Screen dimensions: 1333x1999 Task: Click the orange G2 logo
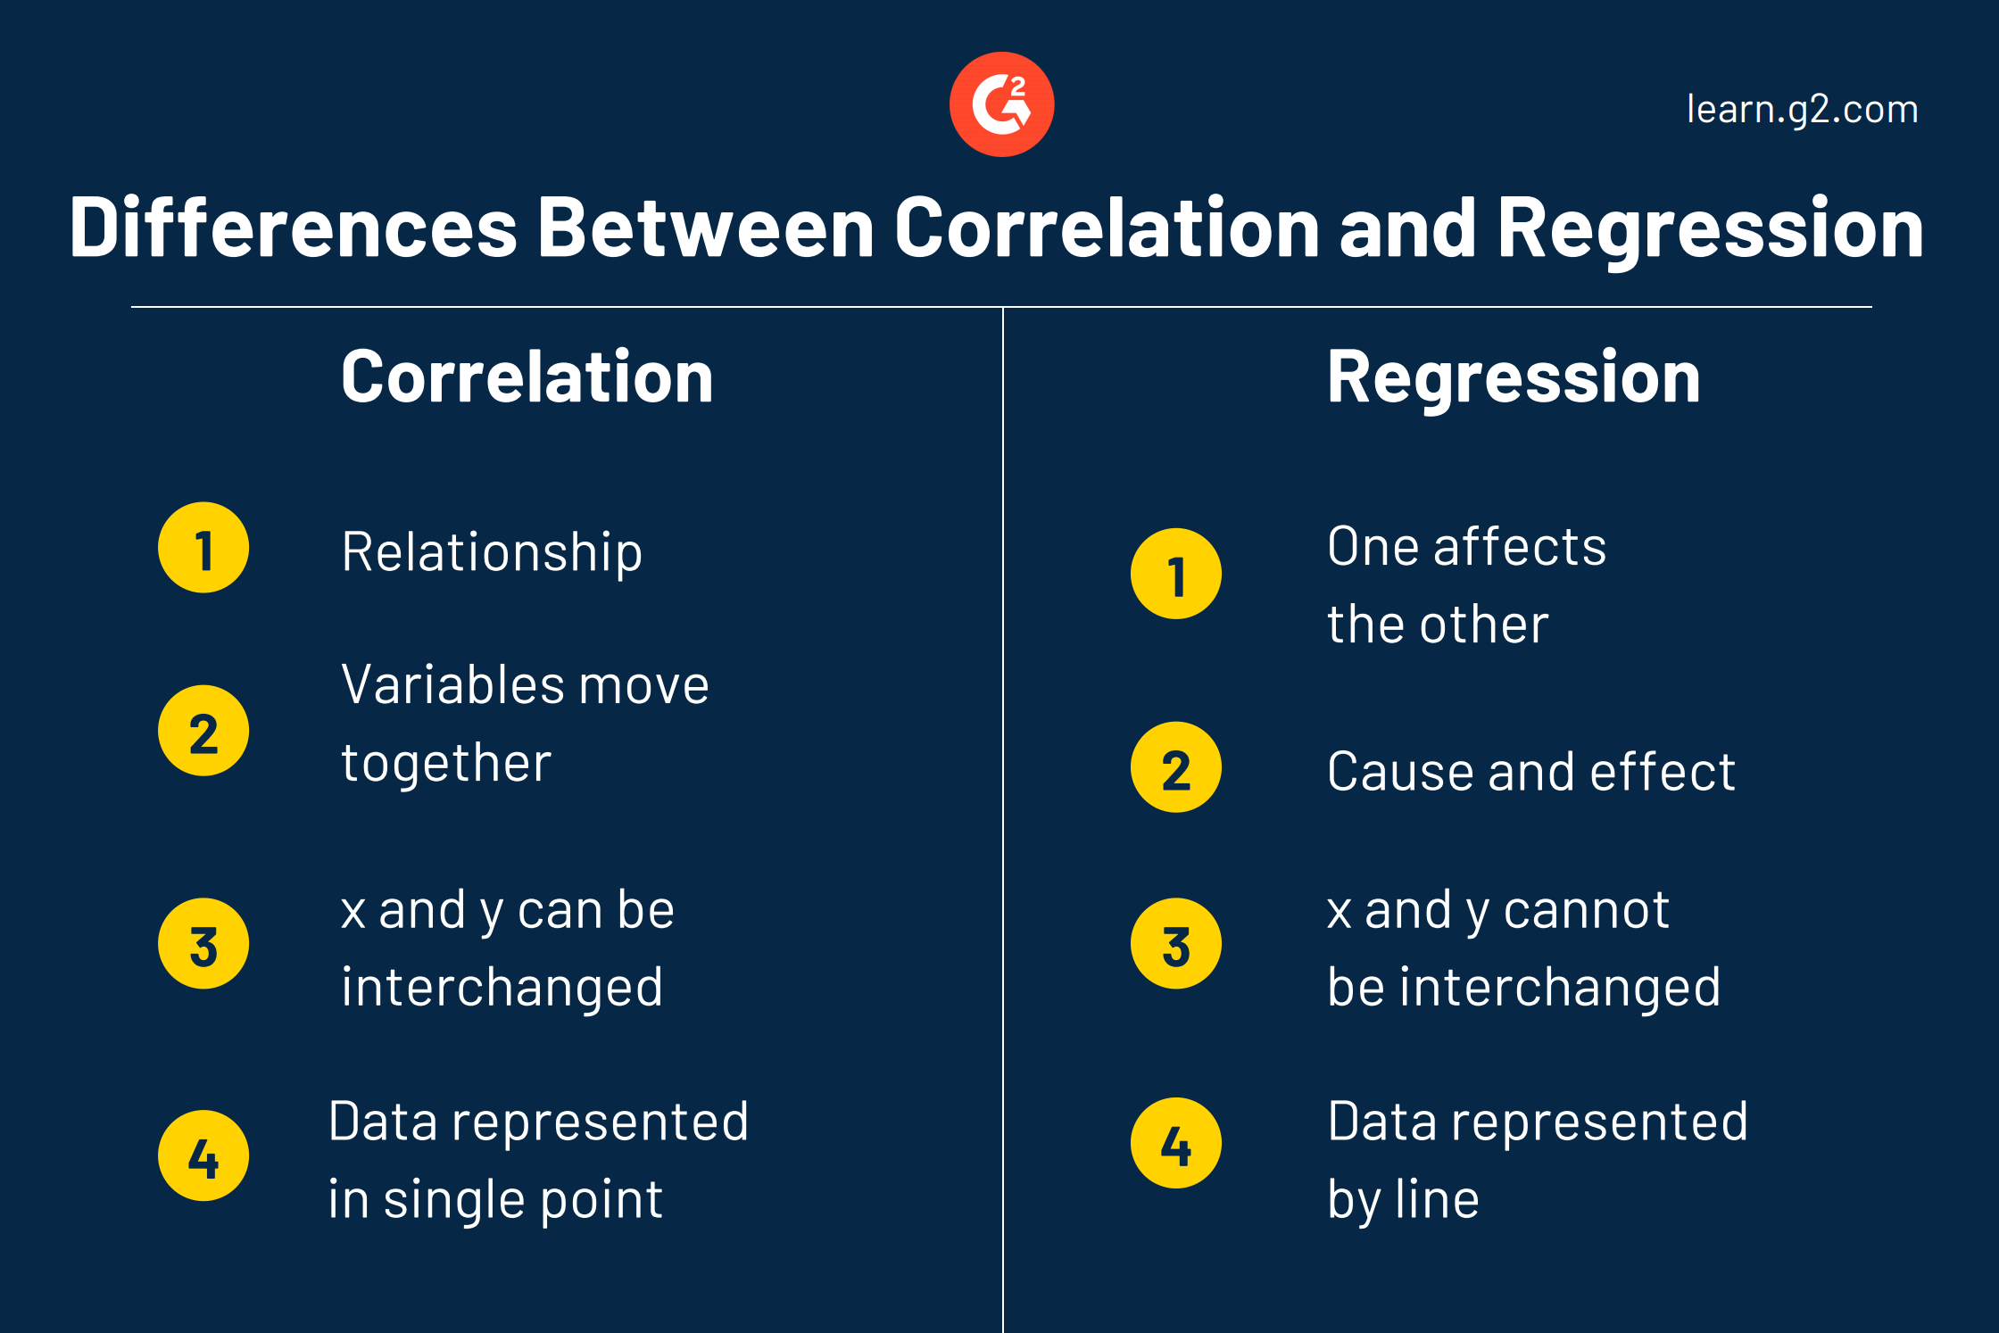click(x=1001, y=104)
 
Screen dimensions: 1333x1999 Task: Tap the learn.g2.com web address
click(x=1802, y=109)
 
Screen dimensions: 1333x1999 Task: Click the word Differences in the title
click(x=294, y=228)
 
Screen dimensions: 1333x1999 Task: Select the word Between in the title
click(x=706, y=228)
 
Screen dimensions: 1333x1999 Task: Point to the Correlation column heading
click(x=527, y=377)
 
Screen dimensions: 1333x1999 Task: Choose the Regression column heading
click(x=1514, y=377)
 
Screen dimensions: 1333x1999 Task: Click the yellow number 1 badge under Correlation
click(x=203, y=548)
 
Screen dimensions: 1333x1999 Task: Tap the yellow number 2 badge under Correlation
click(x=203, y=731)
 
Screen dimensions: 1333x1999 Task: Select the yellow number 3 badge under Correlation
click(x=203, y=943)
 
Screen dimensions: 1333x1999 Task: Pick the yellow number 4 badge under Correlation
click(x=203, y=1155)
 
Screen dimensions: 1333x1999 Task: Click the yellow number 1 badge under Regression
click(x=1176, y=574)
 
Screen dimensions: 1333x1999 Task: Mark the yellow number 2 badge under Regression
click(x=1176, y=767)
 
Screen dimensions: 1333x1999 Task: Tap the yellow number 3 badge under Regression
click(x=1176, y=943)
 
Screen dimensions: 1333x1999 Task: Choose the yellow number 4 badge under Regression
click(x=1176, y=1143)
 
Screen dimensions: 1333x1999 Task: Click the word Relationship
click(x=492, y=553)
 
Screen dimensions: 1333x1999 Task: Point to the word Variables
click(x=452, y=685)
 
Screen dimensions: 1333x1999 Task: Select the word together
click(x=446, y=764)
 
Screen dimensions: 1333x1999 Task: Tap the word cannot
click(x=1586, y=910)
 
